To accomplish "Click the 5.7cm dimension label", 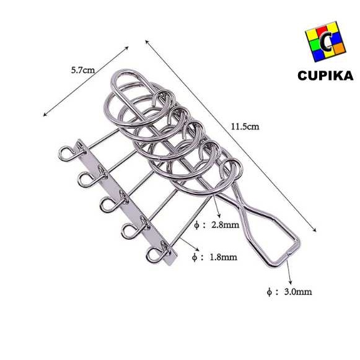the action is [83, 70].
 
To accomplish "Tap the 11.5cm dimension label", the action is [245, 126].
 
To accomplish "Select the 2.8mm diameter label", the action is [216, 225].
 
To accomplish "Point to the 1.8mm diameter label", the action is [214, 257].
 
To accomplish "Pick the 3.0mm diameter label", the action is [289, 292].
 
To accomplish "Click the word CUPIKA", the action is [325, 76].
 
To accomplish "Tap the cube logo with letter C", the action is [325, 42].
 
